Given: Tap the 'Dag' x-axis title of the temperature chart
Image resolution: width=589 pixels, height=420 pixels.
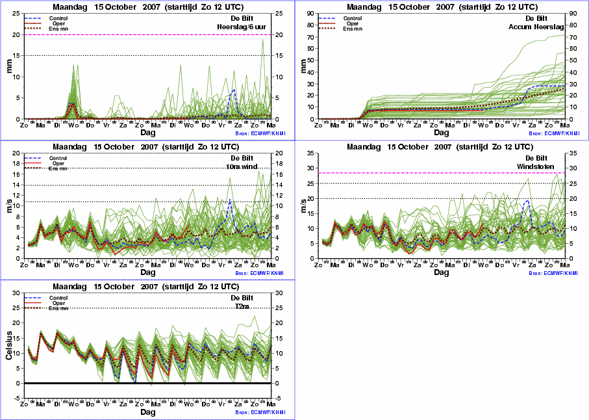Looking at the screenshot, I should tap(148, 412).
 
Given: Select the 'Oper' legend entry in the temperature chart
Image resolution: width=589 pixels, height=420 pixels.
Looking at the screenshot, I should tap(58, 303).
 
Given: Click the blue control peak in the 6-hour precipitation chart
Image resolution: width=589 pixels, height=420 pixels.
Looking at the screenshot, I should tap(234, 90).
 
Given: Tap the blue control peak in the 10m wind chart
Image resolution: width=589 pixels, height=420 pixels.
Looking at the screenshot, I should tap(229, 200).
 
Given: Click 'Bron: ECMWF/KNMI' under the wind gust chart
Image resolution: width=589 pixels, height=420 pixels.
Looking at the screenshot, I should tap(553, 274).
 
